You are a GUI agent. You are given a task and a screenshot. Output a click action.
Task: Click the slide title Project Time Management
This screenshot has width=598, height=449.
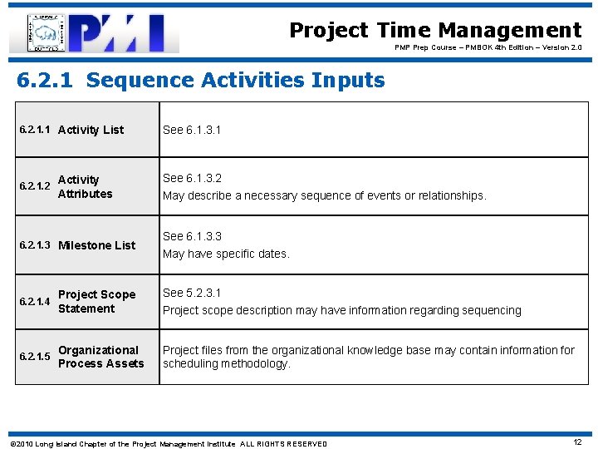point(435,31)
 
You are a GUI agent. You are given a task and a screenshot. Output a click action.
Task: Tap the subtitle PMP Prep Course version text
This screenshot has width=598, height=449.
point(488,48)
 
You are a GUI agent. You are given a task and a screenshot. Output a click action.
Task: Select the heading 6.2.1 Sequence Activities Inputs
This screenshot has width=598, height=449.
point(201,81)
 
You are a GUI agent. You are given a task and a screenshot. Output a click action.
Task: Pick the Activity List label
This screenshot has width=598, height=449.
point(91,130)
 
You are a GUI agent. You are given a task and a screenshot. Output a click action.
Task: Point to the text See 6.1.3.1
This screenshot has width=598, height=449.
point(192,130)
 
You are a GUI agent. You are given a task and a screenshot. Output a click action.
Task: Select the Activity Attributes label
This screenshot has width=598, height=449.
point(85,187)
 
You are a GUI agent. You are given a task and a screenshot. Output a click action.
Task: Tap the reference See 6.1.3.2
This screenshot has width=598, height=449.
point(192,178)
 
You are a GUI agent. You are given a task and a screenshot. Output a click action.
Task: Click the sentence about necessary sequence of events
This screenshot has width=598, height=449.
point(324,196)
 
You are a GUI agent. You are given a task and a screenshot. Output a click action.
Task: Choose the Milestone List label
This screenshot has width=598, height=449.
point(96,245)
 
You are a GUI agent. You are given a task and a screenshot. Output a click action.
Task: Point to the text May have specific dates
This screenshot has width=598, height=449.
point(226,254)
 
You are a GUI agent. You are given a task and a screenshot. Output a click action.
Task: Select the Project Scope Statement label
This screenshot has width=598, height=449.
point(96,302)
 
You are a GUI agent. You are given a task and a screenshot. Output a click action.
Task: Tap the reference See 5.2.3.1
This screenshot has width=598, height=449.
point(192,293)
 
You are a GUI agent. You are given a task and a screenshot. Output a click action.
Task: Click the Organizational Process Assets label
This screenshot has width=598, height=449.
point(100,357)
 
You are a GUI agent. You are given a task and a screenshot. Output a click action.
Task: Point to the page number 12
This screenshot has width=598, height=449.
point(577,442)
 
